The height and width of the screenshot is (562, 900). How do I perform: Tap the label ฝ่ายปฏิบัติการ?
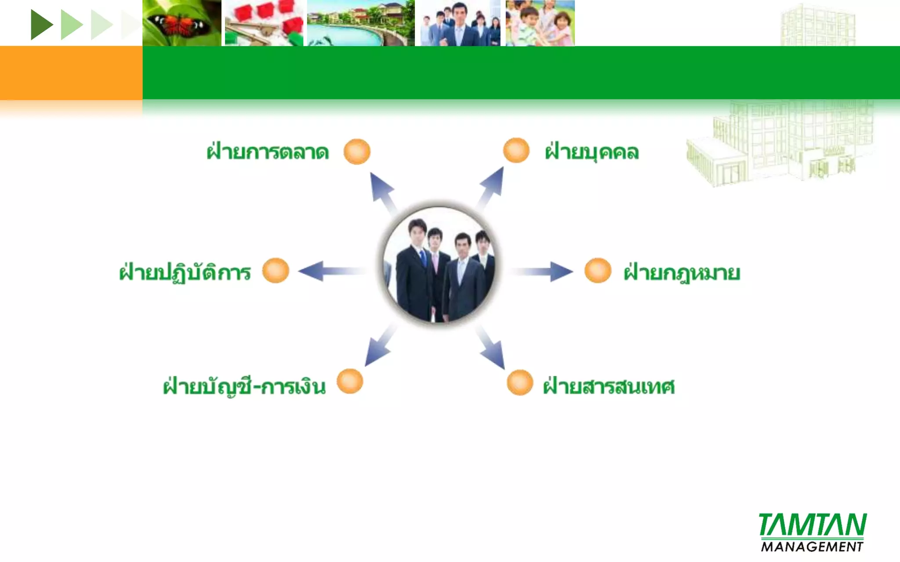185,272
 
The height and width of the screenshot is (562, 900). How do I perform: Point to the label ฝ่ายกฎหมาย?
682,273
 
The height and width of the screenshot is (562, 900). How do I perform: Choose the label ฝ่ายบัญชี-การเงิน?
244,386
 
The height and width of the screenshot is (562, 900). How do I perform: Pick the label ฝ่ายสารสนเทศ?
609,386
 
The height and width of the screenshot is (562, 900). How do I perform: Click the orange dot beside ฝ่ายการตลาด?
357,151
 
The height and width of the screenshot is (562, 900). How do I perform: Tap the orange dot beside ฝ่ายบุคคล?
516,150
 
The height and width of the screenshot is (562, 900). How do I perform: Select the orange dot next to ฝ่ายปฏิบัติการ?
276,270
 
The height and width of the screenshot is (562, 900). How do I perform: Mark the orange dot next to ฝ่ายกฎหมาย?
598,270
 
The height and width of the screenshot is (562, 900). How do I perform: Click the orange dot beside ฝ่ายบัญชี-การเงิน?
350,381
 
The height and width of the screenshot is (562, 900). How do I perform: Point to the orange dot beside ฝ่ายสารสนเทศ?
520,383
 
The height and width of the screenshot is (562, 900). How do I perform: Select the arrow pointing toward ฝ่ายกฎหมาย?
542,271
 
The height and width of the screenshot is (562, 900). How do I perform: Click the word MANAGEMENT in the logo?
812,547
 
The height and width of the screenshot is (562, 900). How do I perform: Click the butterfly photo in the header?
181,23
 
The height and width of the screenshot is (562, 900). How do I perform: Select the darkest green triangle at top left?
41,25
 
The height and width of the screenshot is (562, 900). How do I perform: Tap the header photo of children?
540,23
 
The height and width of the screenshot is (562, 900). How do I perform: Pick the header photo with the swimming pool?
361,23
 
